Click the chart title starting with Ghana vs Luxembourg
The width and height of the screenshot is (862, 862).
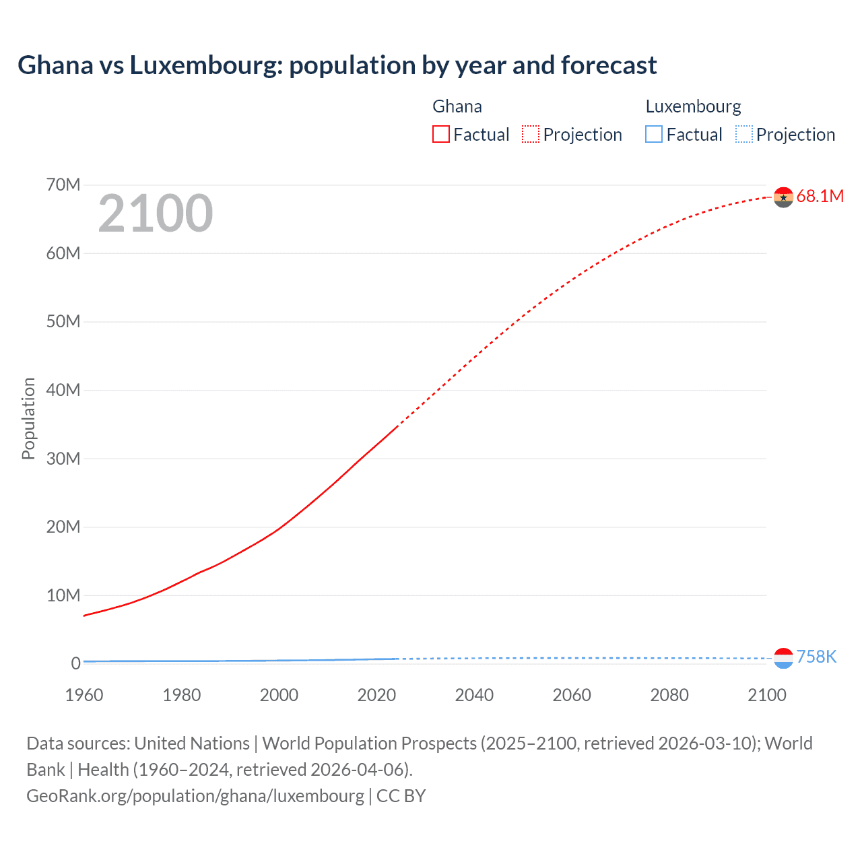pyautogui.click(x=337, y=65)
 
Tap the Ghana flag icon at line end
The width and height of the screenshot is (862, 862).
pyautogui.click(x=783, y=197)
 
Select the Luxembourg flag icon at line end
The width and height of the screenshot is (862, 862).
pyautogui.click(x=783, y=658)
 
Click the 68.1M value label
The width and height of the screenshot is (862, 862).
pyautogui.click(x=820, y=197)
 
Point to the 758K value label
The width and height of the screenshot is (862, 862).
pyautogui.click(x=816, y=657)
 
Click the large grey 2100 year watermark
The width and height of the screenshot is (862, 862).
pyautogui.click(x=156, y=213)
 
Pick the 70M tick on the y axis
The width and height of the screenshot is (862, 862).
pyautogui.click(x=63, y=185)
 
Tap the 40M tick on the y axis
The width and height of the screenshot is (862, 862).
pyautogui.click(x=63, y=391)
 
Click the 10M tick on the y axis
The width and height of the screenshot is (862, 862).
pyautogui.click(x=63, y=596)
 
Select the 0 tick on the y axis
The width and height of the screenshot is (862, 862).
pyautogui.click(x=75, y=664)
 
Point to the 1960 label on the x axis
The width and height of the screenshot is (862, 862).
pyautogui.click(x=84, y=695)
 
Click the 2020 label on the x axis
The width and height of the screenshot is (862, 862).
pyautogui.click(x=376, y=695)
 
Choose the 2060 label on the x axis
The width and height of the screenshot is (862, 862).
pyautogui.click(x=572, y=695)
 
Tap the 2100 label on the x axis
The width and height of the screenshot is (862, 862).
pyautogui.click(x=766, y=695)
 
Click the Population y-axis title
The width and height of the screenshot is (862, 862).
pyautogui.click(x=28, y=418)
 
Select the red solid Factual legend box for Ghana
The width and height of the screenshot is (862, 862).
pyautogui.click(x=441, y=135)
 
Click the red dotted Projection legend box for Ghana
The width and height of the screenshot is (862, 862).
pyautogui.click(x=531, y=135)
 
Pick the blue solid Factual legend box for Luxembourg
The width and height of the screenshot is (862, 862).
pyautogui.click(x=654, y=135)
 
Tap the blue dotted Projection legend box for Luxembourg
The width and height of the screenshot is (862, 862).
pyautogui.click(x=744, y=135)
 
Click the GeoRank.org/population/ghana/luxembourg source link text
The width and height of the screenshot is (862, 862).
pyautogui.click(x=195, y=796)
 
